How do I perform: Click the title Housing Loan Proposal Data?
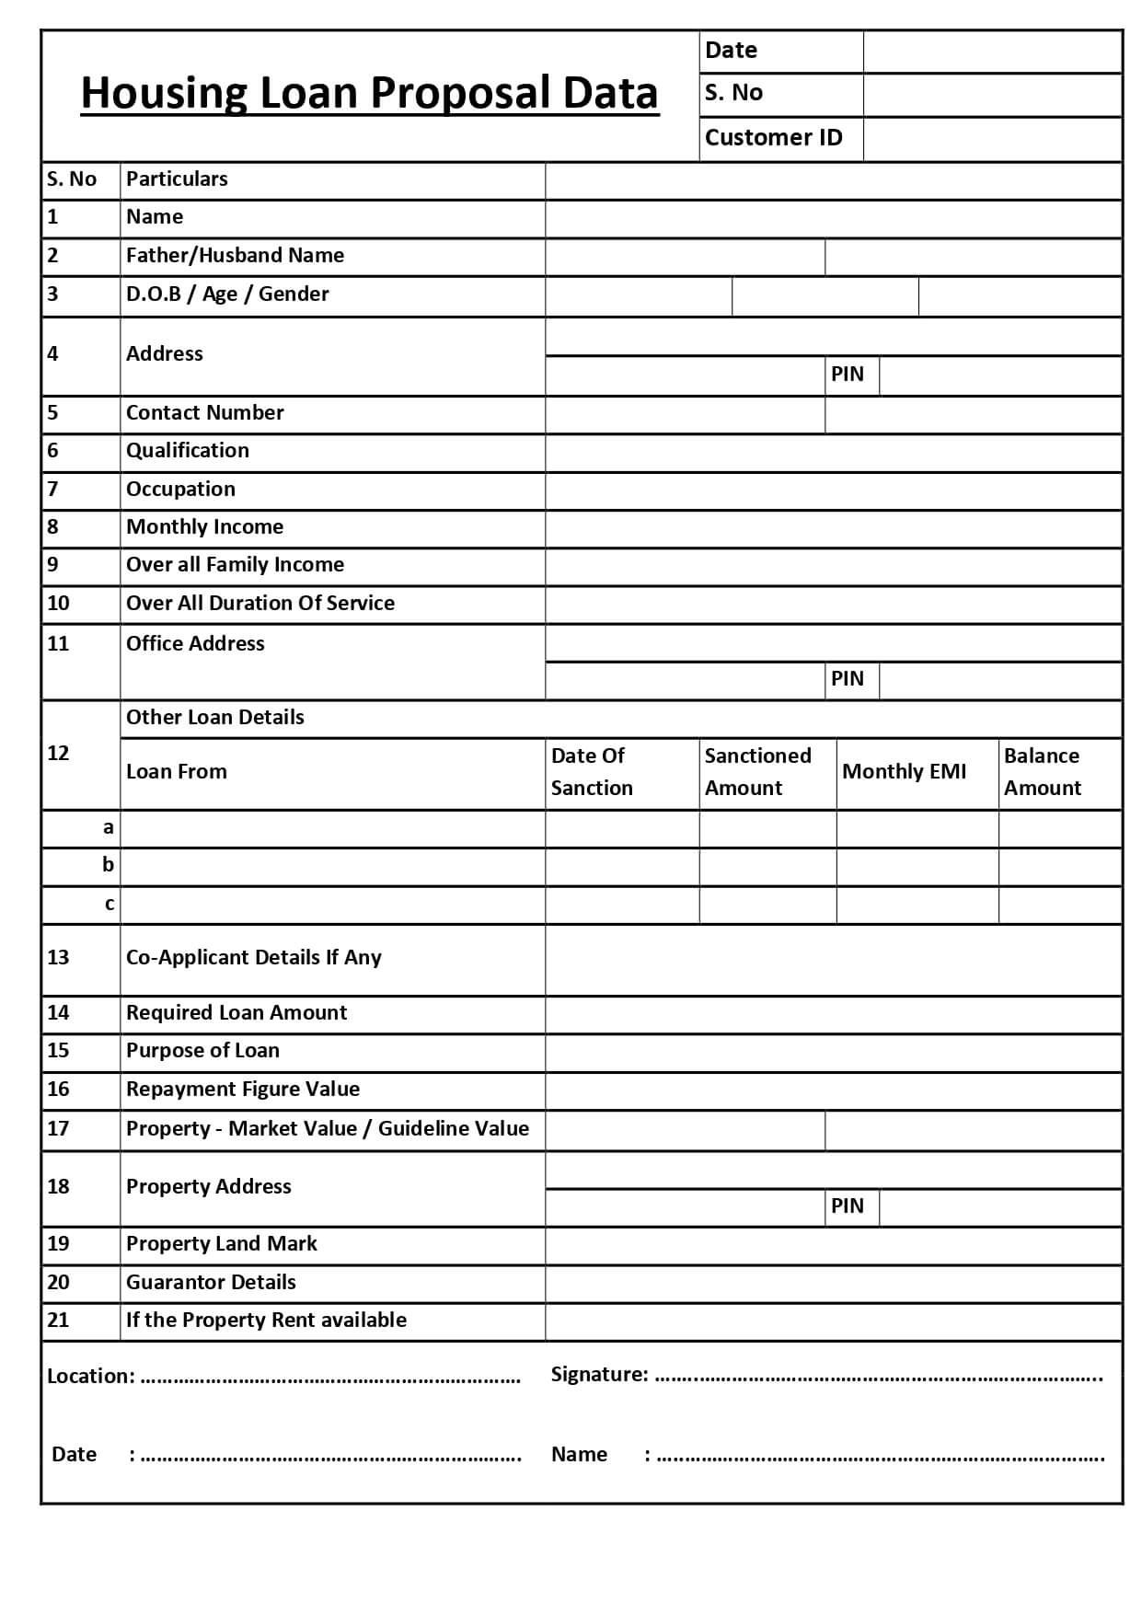[x=369, y=94]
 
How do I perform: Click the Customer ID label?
[x=773, y=138]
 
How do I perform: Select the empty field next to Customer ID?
[x=992, y=139]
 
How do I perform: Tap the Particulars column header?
[x=177, y=179]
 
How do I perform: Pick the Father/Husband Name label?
[x=235, y=256]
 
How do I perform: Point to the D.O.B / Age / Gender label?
[x=227, y=294]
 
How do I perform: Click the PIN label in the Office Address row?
[x=848, y=679]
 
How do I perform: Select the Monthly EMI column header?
[x=904, y=772]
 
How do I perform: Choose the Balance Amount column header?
[x=1043, y=772]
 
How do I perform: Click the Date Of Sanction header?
[x=592, y=772]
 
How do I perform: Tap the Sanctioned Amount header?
[x=757, y=772]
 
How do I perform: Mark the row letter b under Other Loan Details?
[x=109, y=865]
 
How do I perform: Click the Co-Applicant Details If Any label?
[x=253, y=958]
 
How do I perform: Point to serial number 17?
[x=58, y=1129]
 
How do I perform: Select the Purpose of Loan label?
[x=202, y=1051]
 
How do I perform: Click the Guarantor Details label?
[x=211, y=1283]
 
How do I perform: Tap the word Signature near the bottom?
[x=599, y=1375]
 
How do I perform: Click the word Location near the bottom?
[x=90, y=1377]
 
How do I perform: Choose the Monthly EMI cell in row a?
[x=917, y=829]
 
